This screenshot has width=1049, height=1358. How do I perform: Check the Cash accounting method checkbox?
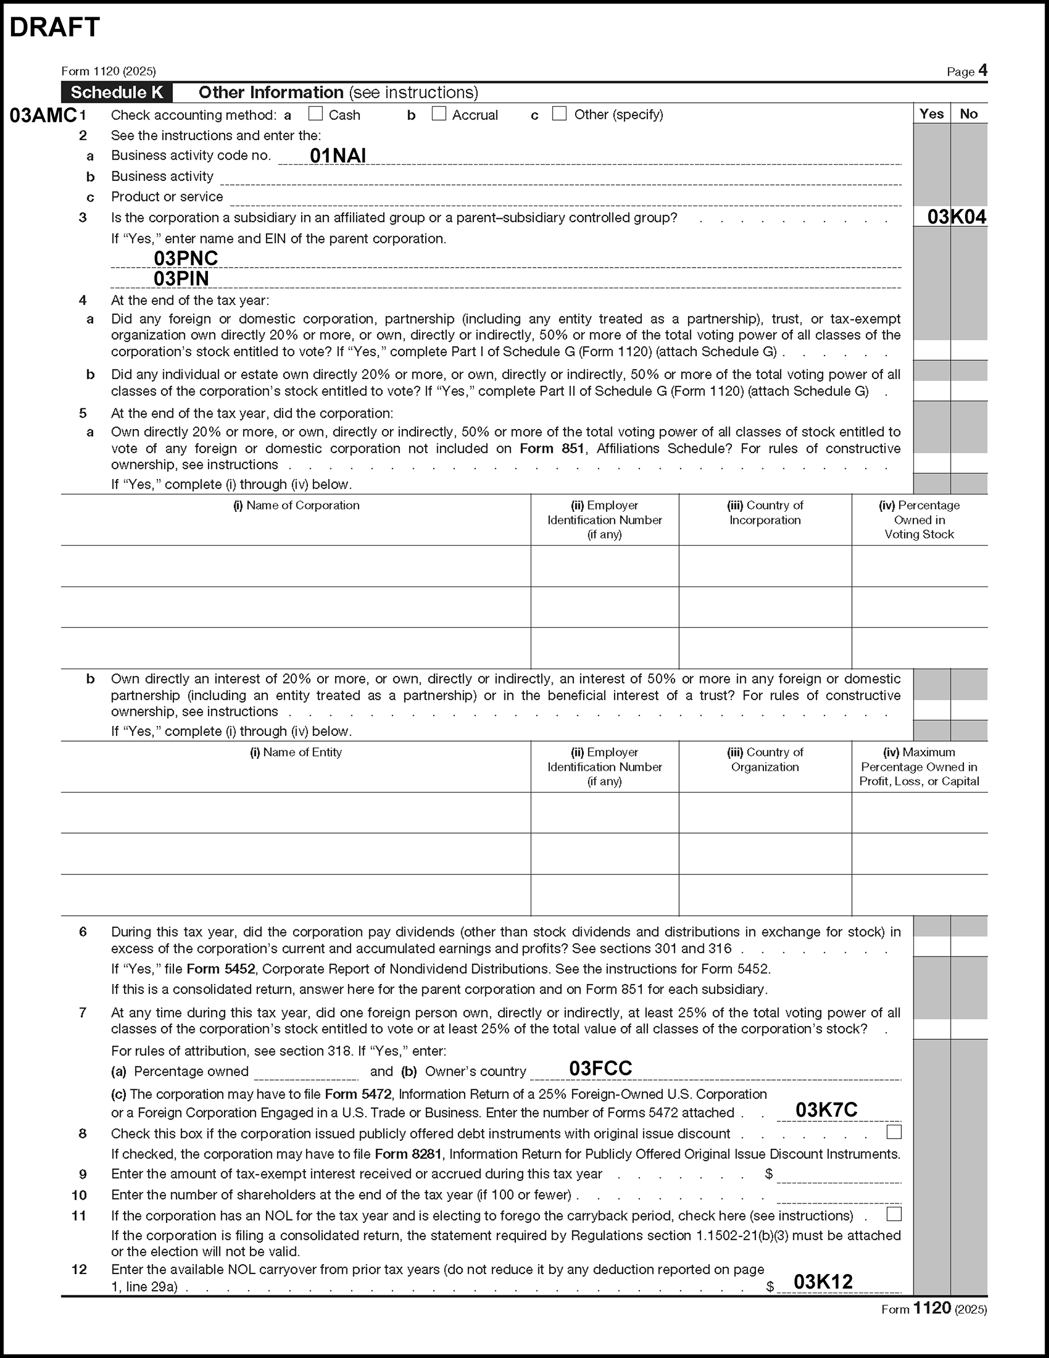(x=316, y=114)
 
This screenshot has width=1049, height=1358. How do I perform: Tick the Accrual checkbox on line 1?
(x=439, y=114)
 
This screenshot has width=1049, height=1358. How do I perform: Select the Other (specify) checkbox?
(x=560, y=114)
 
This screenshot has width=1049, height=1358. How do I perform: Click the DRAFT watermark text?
(x=55, y=28)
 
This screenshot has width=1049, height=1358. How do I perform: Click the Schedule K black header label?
(x=117, y=92)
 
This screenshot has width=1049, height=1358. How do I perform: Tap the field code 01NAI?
(x=338, y=156)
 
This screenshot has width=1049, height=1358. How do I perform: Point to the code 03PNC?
(x=186, y=258)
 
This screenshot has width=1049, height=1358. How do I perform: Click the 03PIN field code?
(x=181, y=279)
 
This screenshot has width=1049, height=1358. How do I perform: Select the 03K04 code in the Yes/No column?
(x=957, y=217)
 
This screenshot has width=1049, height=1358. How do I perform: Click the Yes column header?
(x=931, y=114)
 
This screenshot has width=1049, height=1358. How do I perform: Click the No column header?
(x=969, y=114)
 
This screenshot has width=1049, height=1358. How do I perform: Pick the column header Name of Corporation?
(x=296, y=506)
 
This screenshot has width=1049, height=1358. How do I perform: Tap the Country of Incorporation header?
(x=765, y=512)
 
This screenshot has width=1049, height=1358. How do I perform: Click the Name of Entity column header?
(x=296, y=753)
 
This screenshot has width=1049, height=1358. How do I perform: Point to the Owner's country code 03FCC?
(x=601, y=1068)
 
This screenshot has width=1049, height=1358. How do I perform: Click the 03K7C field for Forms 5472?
(x=827, y=1110)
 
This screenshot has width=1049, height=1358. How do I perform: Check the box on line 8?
(x=894, y=1132)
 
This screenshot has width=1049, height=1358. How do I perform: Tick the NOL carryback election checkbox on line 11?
(x=894, y=1214)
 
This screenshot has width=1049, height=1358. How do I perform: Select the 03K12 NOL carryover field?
(x=823, y=1282)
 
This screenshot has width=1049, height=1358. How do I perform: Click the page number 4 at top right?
(x=982, y=70)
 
